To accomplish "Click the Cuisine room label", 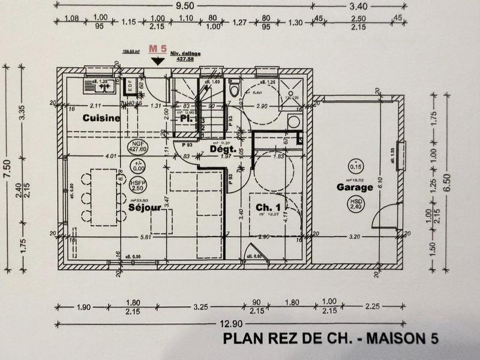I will point(102,118).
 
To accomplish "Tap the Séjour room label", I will point(145,208).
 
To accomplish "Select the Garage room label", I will point(355,187).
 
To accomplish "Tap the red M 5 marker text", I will point(157,47).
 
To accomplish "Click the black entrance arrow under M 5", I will point(158,60).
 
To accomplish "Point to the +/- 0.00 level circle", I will point(137,166).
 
